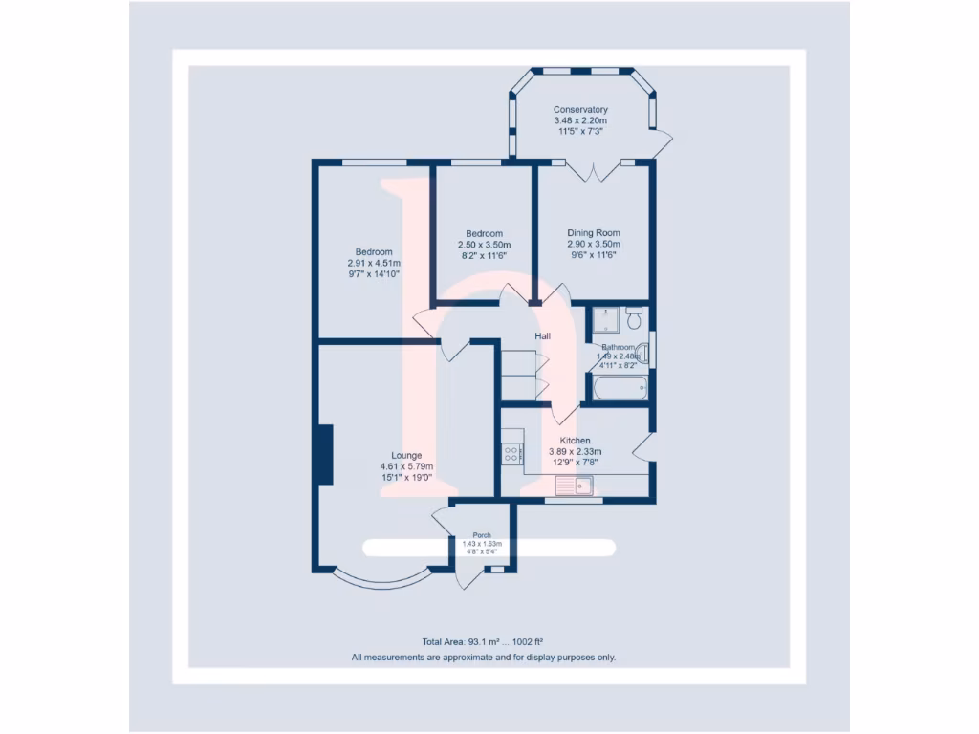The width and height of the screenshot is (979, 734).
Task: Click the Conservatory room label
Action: click(x=580, y=110)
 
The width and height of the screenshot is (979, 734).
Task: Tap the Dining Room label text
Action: click(x=593, y=233)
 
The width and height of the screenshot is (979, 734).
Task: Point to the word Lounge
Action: click(x=406, y=455)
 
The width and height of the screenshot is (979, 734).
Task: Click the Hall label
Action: click(x=543, y=336)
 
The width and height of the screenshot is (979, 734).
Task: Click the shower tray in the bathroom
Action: click(x=604, y=319)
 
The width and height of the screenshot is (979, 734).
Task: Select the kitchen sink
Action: click(x=577, y=486)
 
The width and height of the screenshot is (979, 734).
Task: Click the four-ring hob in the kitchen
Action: click(x=512, y=454)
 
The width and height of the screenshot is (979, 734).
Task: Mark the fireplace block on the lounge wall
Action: click(x=325, y=455)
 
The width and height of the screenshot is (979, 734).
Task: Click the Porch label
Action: click(x=482, y=535)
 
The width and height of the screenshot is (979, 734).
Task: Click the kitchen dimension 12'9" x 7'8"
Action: click(x=575, y=463)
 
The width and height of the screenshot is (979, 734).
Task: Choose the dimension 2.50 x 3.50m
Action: click(x=484, y=245)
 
